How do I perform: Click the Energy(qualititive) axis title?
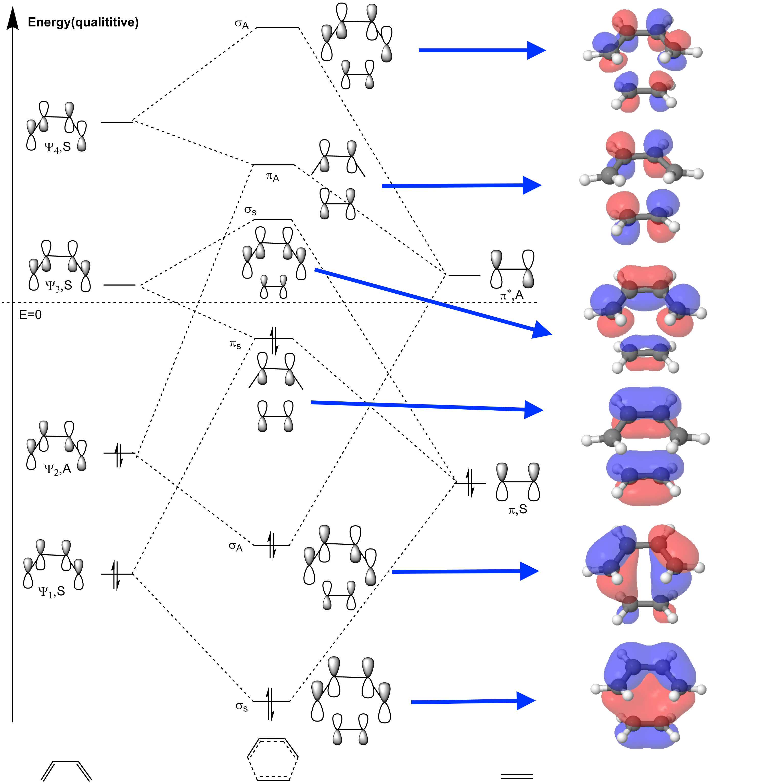[x=83, y=22]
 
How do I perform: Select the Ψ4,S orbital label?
[x=57, y=147]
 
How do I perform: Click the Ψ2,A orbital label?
[x=57, y=468]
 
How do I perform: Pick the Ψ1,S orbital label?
[x=52, y=591]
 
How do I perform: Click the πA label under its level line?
[x=272, y=177]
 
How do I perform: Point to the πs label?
[x=235, y=344]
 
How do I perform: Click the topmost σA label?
[x=241, y=24]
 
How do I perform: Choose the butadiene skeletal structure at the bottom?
[x=66, y=770]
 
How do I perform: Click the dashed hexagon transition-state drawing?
[x=272, y=759]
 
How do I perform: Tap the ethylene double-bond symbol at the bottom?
[x=517, y=776]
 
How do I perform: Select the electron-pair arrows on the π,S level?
[x=470, y=482]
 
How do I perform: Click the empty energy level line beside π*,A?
[x=464, y=276]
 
